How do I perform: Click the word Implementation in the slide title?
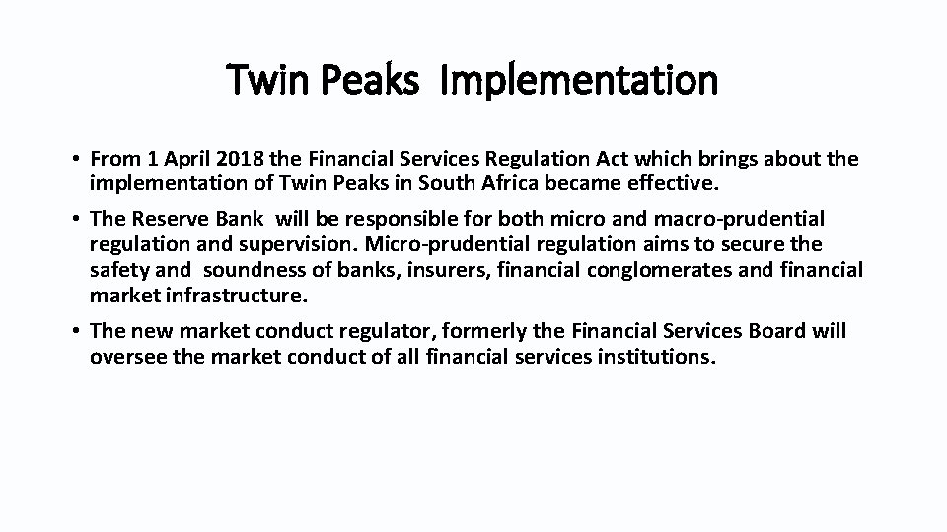point(579,80)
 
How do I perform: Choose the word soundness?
point(259,269)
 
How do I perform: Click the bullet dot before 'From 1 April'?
point(75,160)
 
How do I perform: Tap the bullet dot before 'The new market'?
point(75,332)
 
